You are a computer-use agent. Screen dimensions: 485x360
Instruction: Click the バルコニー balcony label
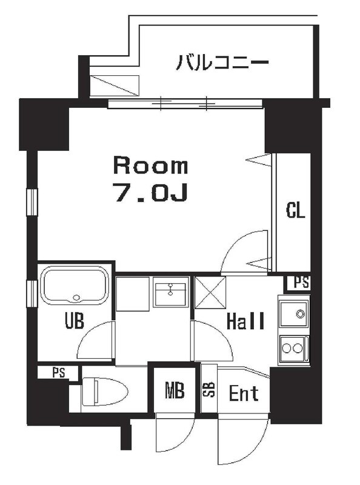222,62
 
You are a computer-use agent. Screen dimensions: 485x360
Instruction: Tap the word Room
150,165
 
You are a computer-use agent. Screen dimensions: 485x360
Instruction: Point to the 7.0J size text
150,192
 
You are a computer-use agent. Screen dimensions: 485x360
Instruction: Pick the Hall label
245,320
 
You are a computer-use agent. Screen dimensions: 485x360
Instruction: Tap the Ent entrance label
244,393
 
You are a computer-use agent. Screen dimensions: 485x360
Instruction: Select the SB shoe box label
208,390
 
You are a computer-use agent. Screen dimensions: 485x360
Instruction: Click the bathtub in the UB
75,288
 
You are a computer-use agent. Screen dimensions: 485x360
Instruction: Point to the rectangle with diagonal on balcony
115,84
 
